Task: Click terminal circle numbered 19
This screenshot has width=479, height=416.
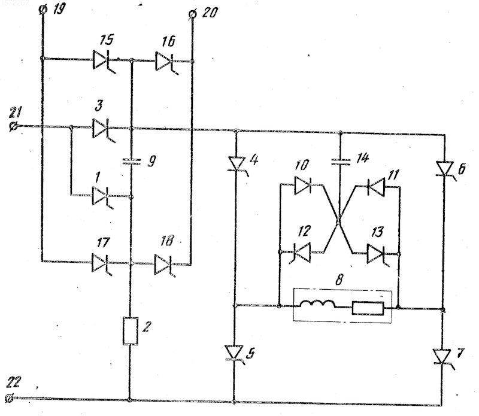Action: pos(43,10)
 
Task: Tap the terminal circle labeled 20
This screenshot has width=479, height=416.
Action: pos(192,14)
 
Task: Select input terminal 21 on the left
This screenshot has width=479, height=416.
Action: pos(14,126)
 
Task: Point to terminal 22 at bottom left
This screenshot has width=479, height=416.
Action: pos(10,398)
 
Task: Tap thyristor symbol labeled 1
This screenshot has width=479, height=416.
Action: pos(103,196)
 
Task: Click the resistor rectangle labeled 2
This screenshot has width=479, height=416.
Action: pos(130,331)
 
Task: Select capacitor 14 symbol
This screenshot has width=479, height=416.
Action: pos(340,162)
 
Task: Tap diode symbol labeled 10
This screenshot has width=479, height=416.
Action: pos(303,186)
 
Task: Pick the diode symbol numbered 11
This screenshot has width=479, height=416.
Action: pos(375,186)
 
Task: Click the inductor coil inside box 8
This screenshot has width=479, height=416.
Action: pos(318,304)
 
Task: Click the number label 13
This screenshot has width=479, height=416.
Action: pos(377,232)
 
